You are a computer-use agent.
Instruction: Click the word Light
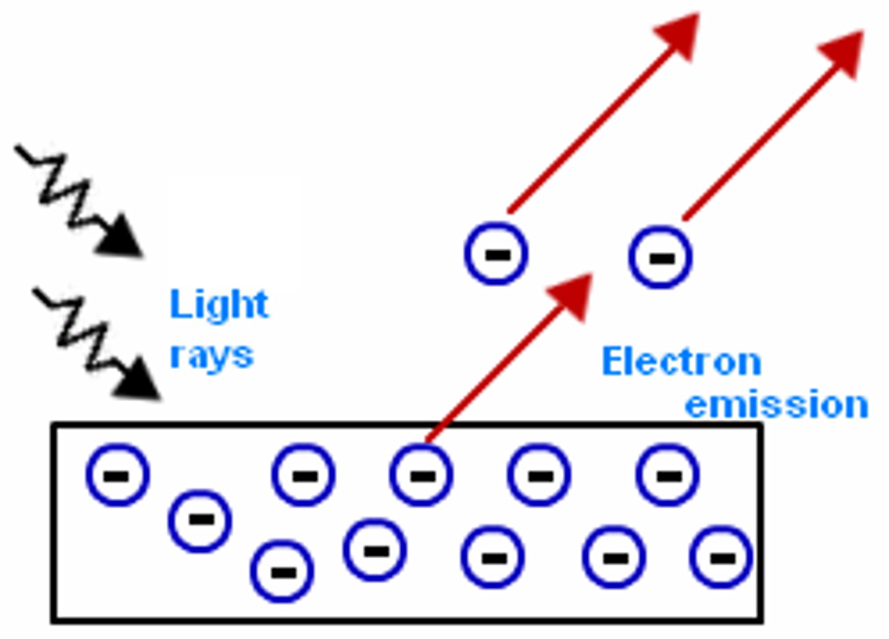(219, 304)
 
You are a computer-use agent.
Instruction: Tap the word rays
(212, 355)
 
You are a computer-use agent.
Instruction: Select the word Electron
(681, 361)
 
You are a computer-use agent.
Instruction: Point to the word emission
(777, 404)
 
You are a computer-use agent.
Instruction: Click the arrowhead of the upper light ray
(122, 238)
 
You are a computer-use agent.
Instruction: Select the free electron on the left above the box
(496, 254)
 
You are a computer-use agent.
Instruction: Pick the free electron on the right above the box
(661, 257)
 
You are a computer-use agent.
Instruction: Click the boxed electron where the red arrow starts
(422, 475)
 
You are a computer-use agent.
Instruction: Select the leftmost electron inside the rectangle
(118, 475)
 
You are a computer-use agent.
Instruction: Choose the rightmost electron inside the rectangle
(721, 558)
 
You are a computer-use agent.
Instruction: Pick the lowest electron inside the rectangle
(282, 572)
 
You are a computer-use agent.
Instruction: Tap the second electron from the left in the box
(200, 520)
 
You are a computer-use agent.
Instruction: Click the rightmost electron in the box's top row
(667, 475)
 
